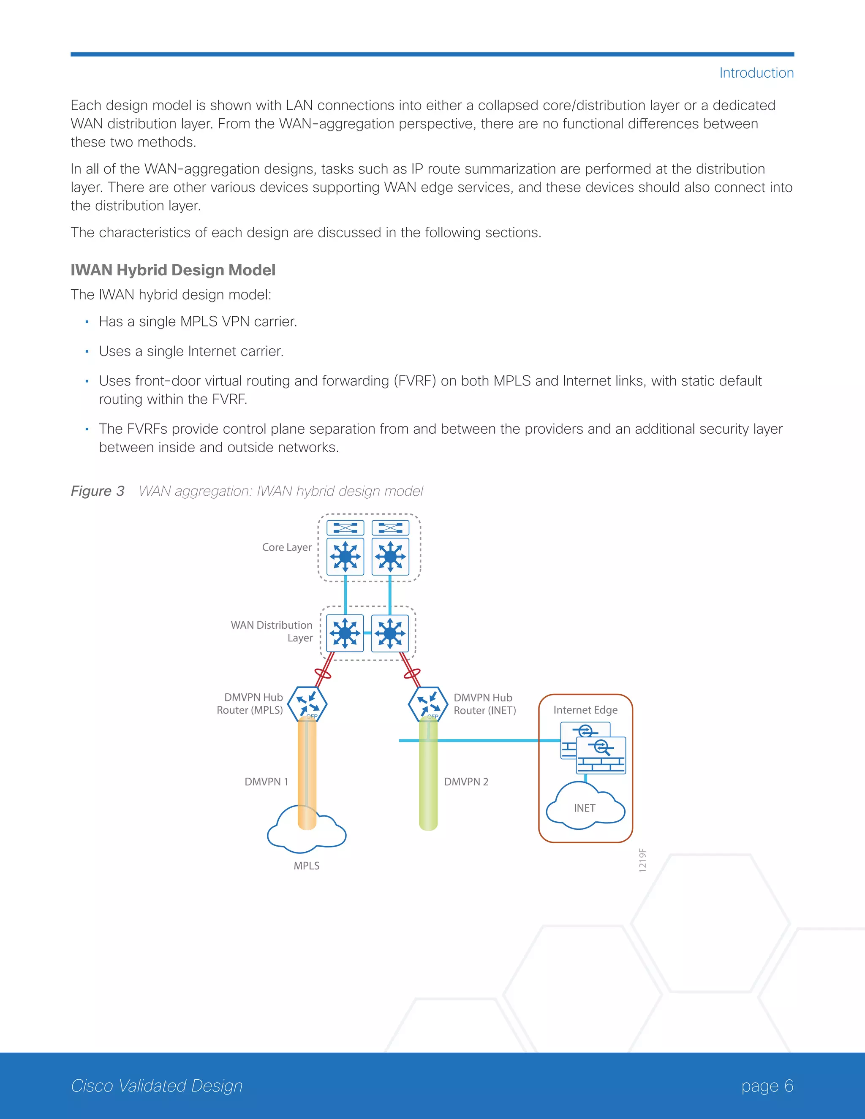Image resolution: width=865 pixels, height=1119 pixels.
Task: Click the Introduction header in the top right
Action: pyautogui.click(x=756, y=73)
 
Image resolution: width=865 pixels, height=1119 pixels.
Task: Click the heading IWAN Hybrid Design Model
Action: pyautogui.click(x=173, y=270)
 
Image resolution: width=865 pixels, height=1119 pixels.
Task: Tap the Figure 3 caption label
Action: pyautogui.click(x=98, y=491)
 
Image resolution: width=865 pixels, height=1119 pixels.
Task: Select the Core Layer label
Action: pyautogui.click(x=286, y=547)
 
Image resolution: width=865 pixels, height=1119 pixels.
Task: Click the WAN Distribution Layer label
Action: pyautogui.click(x=272, y=631)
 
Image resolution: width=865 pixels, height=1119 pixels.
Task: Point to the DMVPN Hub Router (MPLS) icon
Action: pyautogui.click(x=307, y=704)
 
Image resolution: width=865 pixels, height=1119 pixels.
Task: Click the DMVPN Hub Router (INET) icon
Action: pyautogui.click(x=428, y=704)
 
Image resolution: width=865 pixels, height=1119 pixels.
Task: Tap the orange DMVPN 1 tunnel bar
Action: pyautogui.click(x=307, y=774)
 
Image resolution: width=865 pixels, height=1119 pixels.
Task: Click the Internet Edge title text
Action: pyautogui.click(x=585, y=710)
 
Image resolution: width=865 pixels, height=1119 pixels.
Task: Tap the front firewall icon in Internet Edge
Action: pyautogui.click(x=601, y=755)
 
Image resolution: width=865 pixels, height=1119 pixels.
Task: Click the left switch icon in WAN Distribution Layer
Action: pyautogui.click(x=345, y=633)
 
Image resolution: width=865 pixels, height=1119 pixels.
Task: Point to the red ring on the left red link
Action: pyautogui.click(x=323, y=673)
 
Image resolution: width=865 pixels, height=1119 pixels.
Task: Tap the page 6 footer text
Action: pyautogui.click(x=767, y=1086)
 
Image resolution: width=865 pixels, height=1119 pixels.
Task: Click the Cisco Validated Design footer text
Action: pyautogui.click(x=157, y=1086)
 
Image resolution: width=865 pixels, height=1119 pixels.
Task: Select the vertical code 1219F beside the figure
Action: pyautogui.click(x=642, y=860)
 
